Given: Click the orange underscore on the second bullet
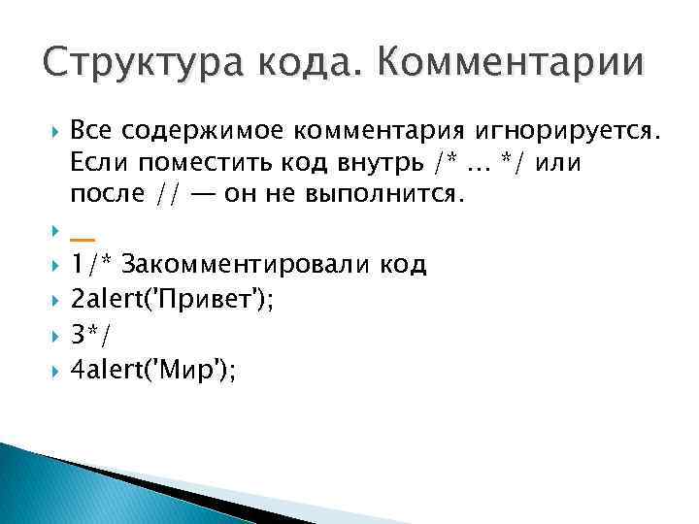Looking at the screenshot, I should click(83, 238).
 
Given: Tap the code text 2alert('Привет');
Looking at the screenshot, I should click(172, 300).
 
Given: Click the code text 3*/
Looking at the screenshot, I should click(91, 335).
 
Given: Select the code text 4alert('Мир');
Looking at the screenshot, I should click(153, 370).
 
